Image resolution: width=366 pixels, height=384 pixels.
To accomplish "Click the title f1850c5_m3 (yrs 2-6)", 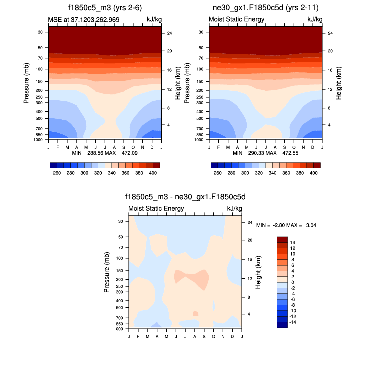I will (x=104, y=8).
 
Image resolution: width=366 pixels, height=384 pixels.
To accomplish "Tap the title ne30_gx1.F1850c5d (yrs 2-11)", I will (x=265, y=8).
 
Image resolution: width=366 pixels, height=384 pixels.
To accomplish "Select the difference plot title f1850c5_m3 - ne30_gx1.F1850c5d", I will (x=185, y=197).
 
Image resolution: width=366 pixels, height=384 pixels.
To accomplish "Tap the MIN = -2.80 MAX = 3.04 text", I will (x=286, y=225).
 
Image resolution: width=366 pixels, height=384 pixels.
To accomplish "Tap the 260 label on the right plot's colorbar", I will (x=217, y=173).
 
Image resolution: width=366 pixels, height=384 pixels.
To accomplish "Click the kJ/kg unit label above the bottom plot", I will (x=234, y=208).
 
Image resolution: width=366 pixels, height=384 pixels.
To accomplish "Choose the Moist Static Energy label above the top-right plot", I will (x=236, y=19).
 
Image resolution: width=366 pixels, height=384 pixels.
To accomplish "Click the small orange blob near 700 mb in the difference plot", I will (x=195, y=313).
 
